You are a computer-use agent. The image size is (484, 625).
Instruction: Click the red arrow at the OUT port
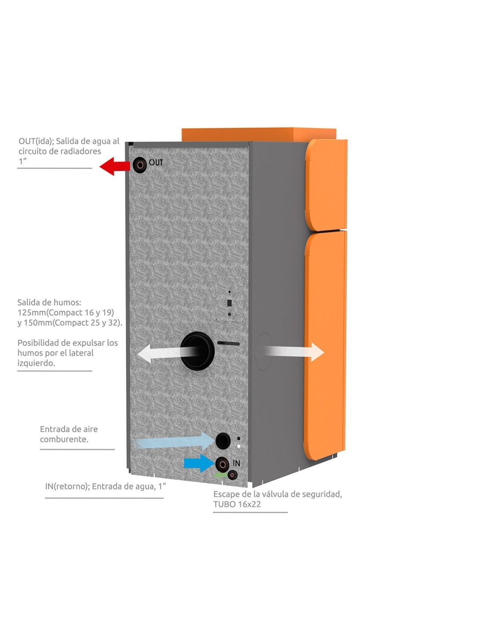[115, 166]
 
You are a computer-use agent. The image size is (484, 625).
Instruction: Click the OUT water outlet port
[140, 165]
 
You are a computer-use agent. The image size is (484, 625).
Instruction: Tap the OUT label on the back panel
[156, 163]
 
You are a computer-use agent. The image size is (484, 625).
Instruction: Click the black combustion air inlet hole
[223, 440]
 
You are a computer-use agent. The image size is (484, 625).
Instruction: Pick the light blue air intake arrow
[176, 441]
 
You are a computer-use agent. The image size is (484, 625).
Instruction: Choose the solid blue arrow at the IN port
[198, 463]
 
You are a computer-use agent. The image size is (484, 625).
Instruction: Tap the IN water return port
[222, 464]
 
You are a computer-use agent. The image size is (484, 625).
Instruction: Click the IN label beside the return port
[236, 463]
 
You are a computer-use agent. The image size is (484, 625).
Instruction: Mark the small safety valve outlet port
[232, 475]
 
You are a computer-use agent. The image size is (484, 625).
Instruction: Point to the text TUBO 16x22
[237, 504]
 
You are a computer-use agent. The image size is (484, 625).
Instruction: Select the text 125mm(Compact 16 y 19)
[66, 312]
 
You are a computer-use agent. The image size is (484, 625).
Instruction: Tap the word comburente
[64, 439]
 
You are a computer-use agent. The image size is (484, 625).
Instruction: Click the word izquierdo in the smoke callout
[36, 363]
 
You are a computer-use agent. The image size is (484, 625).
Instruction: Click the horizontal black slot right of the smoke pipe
[229, 343]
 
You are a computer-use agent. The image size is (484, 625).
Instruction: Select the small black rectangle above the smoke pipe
[229, 303]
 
